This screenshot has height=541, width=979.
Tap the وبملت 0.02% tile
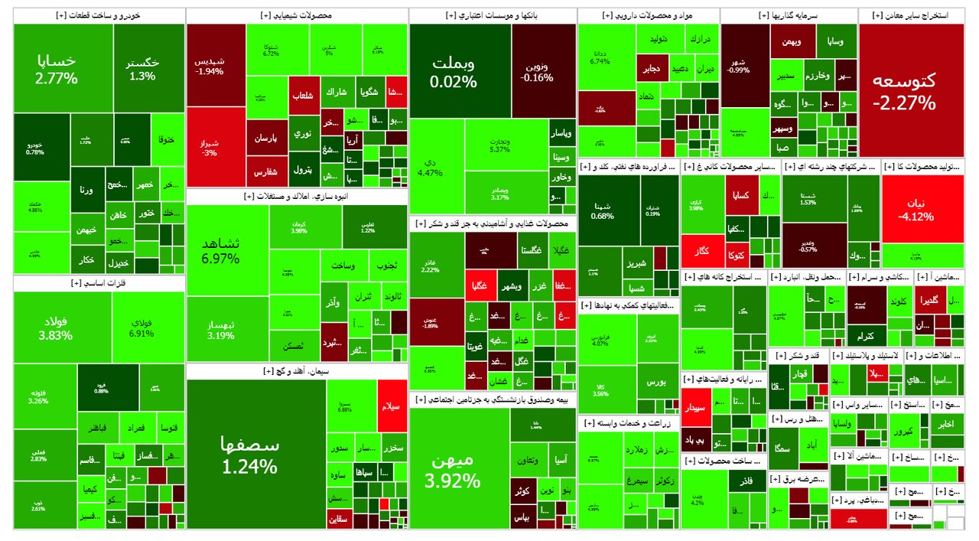[454, 70]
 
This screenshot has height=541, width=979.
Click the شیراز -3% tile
[216, 147]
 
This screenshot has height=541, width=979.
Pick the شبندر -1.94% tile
[216, 65]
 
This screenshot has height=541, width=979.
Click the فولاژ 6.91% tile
[148, 327]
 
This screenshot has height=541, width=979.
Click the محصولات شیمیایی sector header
[297, 15]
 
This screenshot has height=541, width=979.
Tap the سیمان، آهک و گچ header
[297, 371]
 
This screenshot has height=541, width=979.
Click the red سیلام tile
[392, 406]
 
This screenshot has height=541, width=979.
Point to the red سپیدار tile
[701, 408]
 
